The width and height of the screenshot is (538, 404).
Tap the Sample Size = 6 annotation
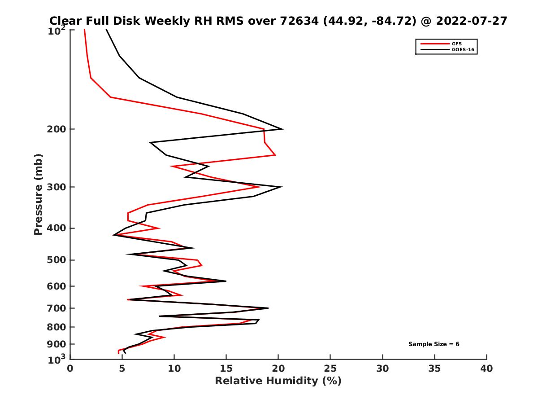click(434, 344)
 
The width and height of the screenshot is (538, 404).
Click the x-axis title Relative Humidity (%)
click(278, 381)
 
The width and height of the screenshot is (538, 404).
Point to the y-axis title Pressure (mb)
click(38, 194)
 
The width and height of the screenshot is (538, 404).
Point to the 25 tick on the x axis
click(330, 369)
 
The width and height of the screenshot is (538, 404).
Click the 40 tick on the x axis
click(486, 369)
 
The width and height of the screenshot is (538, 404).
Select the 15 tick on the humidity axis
click(226, 369)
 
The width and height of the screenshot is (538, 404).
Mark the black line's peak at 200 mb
click(282, 129)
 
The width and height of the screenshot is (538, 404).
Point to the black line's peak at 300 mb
click(281, 187)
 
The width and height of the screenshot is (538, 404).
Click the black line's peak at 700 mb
click(268, 308)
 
